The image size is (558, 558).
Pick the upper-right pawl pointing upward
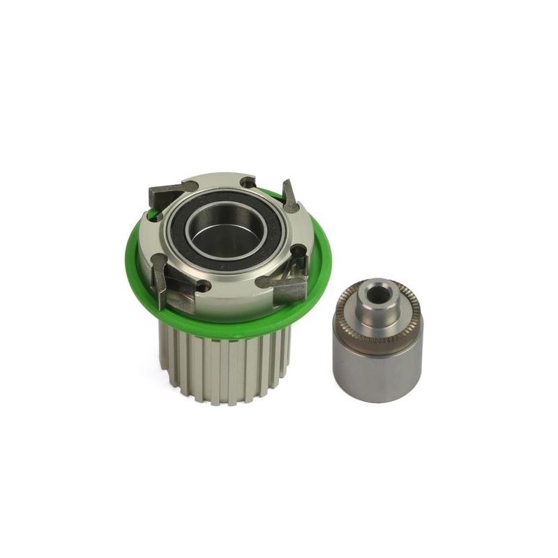[289, 195]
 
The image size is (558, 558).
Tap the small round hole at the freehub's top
[246, 183]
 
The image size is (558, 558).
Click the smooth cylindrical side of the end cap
[377, 373]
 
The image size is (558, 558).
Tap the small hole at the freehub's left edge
[156, 216]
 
